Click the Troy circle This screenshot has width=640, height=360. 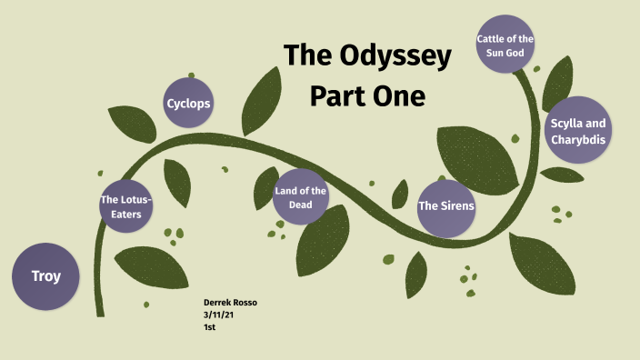[45, 275]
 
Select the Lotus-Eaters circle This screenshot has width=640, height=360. [125, 206]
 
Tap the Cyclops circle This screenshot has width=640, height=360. [188, 103]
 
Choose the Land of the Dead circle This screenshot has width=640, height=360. [300, 196]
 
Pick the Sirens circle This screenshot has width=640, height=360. [446, 205]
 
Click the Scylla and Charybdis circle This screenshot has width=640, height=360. [578, 131]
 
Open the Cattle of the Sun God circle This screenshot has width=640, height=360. [505, 45]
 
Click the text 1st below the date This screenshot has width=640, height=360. [210, 325]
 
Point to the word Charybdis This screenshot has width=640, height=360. [578, 140]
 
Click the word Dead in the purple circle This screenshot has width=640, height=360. [301, 205]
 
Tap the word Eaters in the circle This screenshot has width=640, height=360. [125, 215]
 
